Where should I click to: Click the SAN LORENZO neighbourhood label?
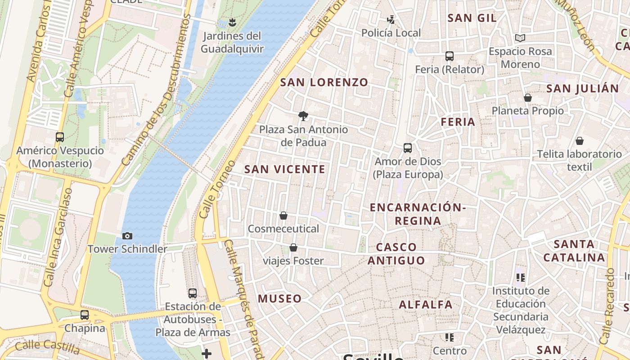(x=324, y=82)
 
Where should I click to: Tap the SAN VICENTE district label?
(x=284, y=169)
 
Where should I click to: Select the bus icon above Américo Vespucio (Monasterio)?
(x=60, y=137)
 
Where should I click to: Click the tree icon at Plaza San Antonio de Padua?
(x=303, y=116)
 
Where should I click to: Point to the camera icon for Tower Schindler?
(x=127, y=236)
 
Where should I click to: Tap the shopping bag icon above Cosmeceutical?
(x=283, y=216)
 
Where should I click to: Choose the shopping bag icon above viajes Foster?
(x=293, y=247)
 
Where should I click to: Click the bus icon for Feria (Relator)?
(x=449, y=56)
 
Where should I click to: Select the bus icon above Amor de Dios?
(x=408, y=148)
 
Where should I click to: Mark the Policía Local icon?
(x=391, y=19)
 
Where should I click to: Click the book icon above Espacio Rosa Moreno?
(x=520, y=38)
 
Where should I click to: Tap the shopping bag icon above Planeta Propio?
(x=528, y=98)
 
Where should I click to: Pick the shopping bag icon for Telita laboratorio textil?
(x=580, y=141)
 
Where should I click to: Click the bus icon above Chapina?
(x=85, y=315)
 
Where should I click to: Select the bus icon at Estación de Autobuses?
(x=193, y=293)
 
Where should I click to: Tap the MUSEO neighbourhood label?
(x=279, y=298)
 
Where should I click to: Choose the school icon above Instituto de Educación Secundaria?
(x=521, y=278)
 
